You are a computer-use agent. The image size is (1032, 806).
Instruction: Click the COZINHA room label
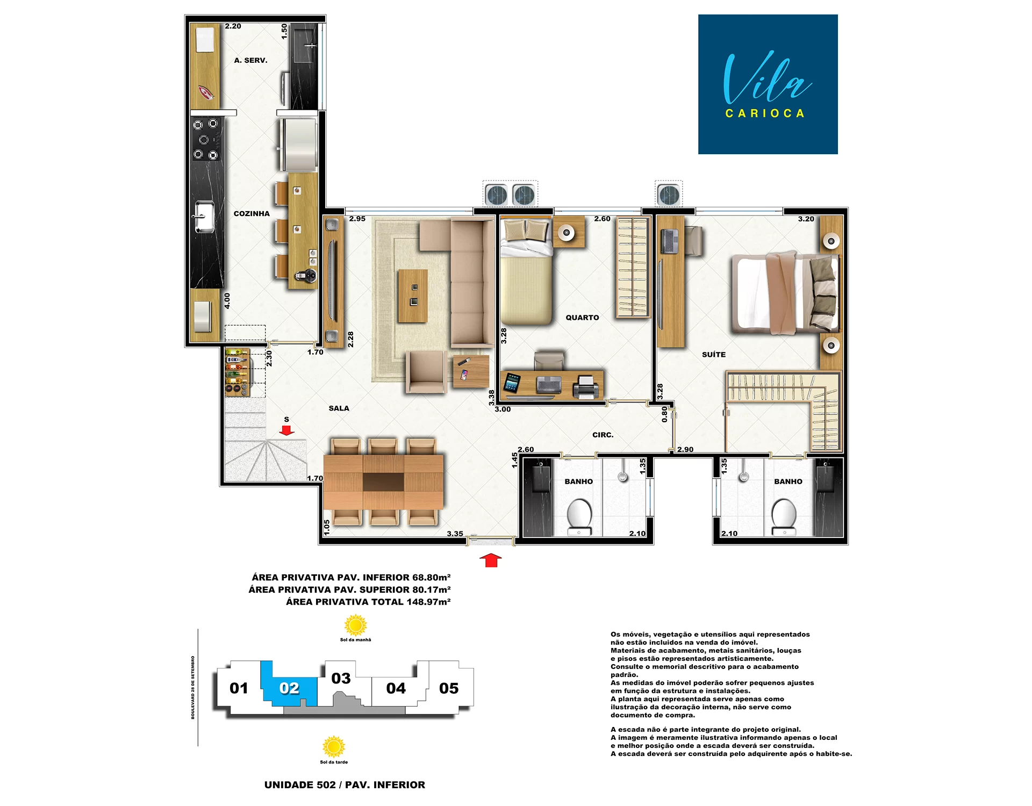[252, 213]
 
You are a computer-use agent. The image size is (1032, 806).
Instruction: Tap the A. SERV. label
[250, 60]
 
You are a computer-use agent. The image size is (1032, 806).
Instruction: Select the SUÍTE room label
[714, 355]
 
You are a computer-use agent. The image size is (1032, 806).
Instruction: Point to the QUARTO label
[582, 318]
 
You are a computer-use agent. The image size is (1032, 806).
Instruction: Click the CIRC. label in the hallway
[603, 435]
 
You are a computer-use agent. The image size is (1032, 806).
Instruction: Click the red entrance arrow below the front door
[490, 560]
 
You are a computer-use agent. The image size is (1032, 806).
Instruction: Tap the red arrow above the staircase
[286, 430]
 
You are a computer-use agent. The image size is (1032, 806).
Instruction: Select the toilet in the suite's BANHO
[784, 516]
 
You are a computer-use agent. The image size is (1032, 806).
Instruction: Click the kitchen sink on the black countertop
[204, 217]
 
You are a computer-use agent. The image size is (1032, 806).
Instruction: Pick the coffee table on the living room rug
[413, 296]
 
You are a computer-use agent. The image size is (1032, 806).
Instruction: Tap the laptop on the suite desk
[669, 241]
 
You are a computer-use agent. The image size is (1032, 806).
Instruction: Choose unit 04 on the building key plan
[396, 688]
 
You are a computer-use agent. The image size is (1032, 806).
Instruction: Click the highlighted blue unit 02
[289, 688]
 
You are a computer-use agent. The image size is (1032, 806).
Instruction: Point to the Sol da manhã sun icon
[355, 625]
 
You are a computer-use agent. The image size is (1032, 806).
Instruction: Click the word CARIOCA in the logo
[765, 113]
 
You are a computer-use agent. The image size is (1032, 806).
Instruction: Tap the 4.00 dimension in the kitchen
[227, 301]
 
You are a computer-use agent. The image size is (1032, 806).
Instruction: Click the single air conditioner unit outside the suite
[669, 195]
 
